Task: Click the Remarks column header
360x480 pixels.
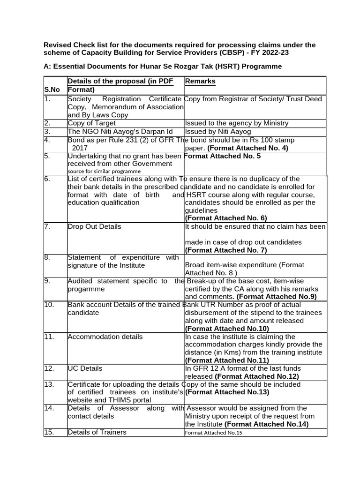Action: point(201,81)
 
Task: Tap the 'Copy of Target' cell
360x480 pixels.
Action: point(91,123)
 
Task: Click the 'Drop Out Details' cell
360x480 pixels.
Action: point(94,226)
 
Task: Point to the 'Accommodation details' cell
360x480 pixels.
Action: point(105,337)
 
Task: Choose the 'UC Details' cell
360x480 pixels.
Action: point(85,368)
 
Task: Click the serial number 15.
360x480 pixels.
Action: point(49,432)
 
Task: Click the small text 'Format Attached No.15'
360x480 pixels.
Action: point(214,433)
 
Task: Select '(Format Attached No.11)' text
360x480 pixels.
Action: point(227,360)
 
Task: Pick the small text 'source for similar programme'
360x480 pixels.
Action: point(104,171)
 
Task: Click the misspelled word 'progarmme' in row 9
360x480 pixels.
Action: point(86,289)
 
